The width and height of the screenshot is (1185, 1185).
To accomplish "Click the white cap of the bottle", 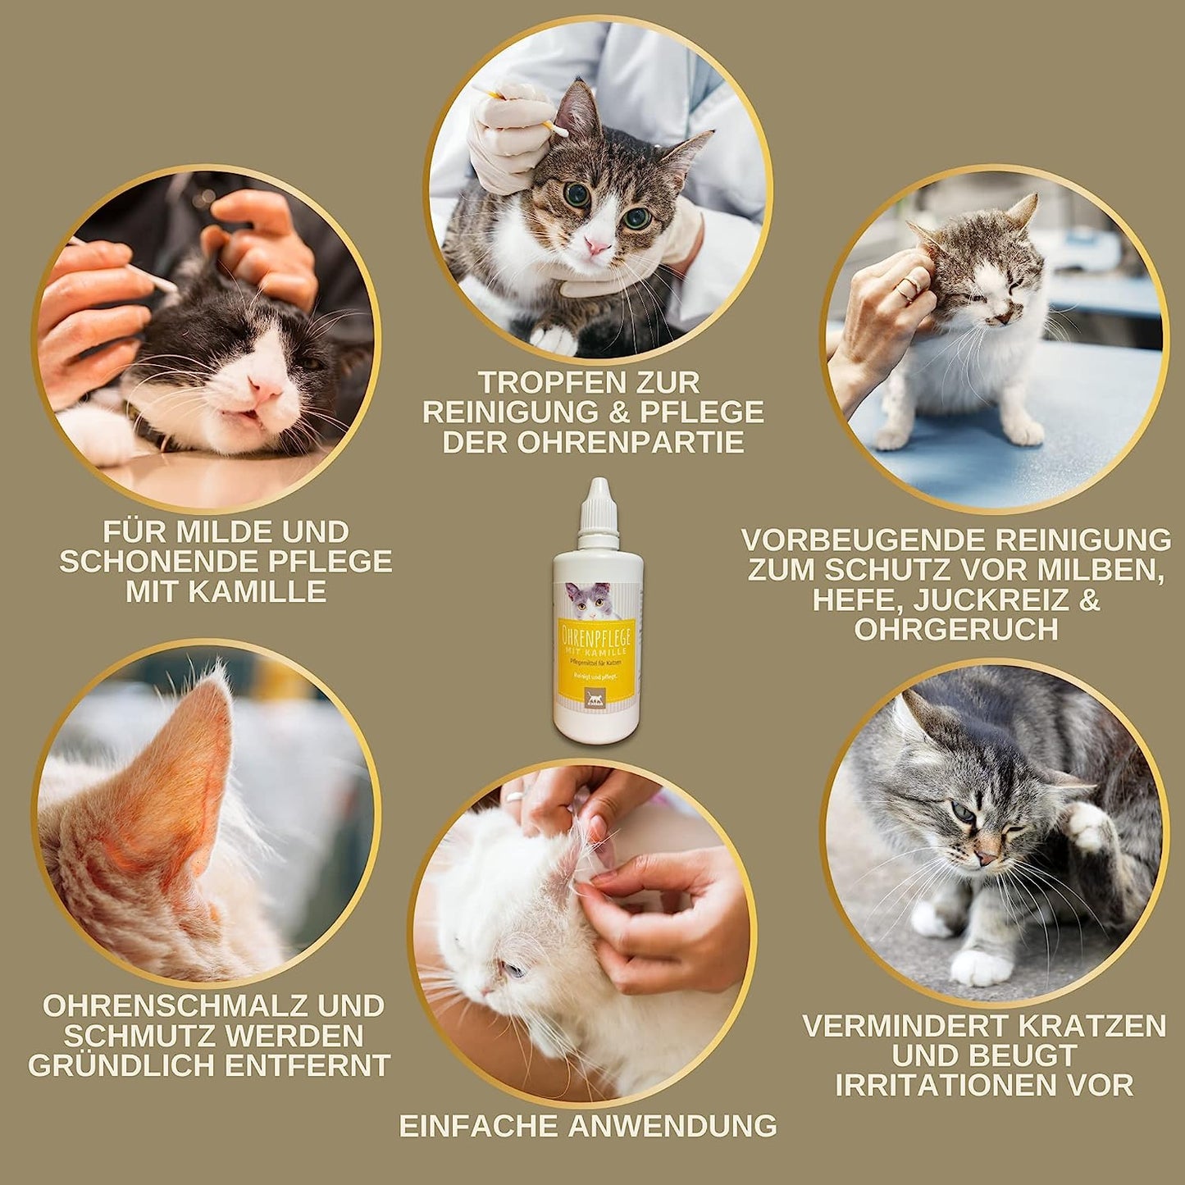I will click(x=598, y=513).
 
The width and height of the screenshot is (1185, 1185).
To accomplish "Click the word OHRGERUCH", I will click(x=955, y=630).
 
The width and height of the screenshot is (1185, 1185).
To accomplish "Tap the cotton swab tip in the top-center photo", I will click(x=560, y=130).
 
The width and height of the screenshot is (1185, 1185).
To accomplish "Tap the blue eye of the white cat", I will click(x=513, y=970).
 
